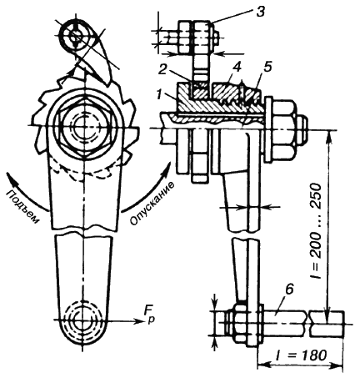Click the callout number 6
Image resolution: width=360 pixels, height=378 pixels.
coord(289,290)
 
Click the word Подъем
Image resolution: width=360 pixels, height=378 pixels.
coord(22,206)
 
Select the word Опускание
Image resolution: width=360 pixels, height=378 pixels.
coord(152,203)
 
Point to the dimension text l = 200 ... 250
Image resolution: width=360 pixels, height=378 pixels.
coord(317,231)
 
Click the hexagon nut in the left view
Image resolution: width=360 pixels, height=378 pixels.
coord(84,128)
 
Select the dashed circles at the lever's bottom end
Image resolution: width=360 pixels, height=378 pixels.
coord(82,319)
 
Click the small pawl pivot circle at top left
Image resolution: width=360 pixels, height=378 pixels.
coord(75,36)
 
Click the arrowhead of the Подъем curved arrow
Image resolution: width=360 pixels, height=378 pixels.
coord(10,177)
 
